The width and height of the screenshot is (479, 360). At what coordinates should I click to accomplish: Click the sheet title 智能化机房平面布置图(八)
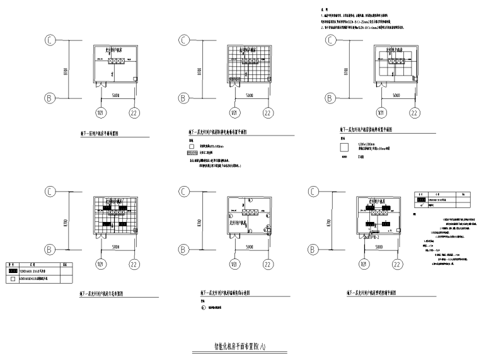point(240,345)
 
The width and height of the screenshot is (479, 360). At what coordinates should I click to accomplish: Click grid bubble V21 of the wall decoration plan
point(234,264)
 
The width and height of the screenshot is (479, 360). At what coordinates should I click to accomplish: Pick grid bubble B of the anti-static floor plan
point(183,98)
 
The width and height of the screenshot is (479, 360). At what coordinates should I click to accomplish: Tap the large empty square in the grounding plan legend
point(343,147)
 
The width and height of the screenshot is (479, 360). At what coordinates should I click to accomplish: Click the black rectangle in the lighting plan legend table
point(421,200)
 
